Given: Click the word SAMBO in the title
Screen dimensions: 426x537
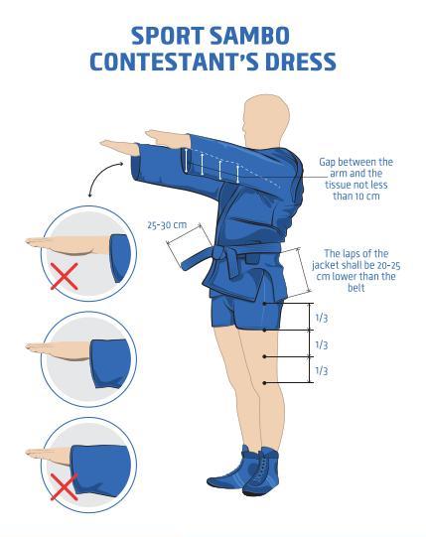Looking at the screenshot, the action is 249,36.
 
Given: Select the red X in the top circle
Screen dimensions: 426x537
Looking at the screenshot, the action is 65,276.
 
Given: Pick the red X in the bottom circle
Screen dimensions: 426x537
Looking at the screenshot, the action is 65,487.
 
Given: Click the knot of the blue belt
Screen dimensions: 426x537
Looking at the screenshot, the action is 219,254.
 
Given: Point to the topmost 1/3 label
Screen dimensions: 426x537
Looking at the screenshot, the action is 322,318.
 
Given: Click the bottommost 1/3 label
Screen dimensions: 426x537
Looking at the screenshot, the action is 322,370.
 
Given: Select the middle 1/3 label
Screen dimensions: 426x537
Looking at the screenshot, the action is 322,344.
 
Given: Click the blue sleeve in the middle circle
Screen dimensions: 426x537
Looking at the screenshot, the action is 110,363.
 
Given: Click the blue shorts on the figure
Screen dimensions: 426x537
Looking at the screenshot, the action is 245,310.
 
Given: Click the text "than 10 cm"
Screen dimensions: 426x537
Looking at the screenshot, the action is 356,196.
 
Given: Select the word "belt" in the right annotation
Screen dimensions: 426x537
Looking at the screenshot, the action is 356,288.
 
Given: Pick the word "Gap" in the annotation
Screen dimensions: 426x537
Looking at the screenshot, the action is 328,163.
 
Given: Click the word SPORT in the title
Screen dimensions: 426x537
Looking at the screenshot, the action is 168,36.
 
